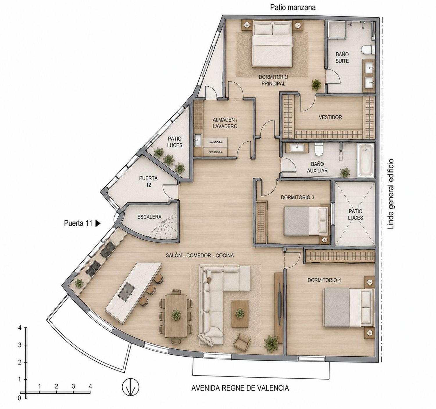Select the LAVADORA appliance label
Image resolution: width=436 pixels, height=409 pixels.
pyautogui.click(x=215, y=142)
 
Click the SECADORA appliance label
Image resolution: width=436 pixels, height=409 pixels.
pyautogui.click(x=215, y=152)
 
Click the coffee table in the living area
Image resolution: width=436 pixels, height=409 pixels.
pyautogui.click(x=240, y=314)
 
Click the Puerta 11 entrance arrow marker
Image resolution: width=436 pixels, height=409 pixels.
pyautogui.click(x=98, y=224)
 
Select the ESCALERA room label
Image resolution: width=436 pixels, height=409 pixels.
pyautogui.click(x=149, y=217)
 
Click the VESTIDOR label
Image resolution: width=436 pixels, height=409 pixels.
pyautogui.click(x=330, y=117)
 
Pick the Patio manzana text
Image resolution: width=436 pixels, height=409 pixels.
pyautogui.click(x=293, y=8)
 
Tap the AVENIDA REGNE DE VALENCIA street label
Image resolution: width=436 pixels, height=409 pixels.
pyautogui.click(x=240, y=388)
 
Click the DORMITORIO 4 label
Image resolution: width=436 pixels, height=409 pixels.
pyautogui.click(x=324, y=280)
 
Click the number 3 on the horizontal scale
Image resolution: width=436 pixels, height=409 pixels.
pyautogui.click(x=73, y=386)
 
